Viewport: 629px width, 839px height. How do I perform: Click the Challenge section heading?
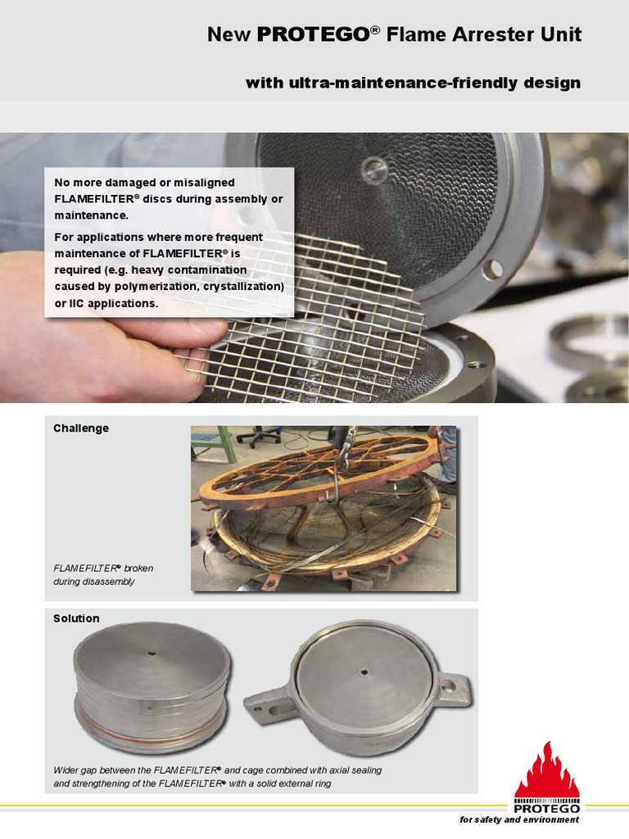tap(81, 428)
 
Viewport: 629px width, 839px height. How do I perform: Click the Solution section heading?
tap(76, 618)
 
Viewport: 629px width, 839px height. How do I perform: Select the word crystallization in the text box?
tap(238, 286)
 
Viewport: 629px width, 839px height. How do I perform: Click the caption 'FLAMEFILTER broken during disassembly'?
tap(103, 574)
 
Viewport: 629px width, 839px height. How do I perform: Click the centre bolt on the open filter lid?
tap(374, 170)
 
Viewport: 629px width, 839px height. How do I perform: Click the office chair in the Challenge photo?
tap(261, 435)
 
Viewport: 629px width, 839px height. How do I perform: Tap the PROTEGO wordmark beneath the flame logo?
tap(546, 809)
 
